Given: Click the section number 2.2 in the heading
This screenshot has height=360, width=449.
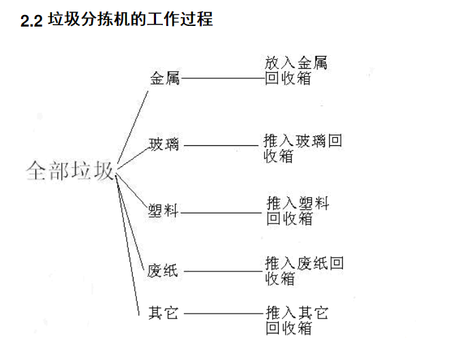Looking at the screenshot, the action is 31,20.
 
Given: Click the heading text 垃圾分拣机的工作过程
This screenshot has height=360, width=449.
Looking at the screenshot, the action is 131,19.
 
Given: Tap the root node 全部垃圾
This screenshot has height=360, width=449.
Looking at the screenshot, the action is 70,170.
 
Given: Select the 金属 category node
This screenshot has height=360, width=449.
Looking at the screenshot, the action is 165,78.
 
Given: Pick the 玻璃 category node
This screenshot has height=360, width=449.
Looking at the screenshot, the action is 164,144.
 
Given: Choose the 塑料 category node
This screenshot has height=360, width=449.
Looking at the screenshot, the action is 163,211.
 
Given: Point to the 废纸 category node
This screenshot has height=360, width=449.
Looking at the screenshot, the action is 162,271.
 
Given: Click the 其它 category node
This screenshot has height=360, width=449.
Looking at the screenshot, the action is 164,313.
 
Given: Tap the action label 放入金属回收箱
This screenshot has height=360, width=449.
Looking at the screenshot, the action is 296,70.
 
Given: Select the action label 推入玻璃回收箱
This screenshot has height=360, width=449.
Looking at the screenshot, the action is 303,148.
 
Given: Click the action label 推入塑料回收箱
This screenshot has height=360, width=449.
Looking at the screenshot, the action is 298,211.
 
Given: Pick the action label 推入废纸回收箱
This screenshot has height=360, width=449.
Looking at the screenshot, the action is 304,271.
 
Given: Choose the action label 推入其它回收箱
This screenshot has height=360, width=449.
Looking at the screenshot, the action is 297,320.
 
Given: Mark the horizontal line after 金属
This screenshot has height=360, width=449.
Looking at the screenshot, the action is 223,78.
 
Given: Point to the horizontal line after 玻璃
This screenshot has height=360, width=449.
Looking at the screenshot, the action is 221,146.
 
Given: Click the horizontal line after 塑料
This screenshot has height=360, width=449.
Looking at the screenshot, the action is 221,213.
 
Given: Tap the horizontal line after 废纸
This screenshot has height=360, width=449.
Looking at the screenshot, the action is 223,271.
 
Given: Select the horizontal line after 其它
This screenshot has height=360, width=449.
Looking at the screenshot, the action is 223,313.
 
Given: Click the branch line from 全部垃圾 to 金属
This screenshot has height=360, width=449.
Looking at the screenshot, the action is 133,127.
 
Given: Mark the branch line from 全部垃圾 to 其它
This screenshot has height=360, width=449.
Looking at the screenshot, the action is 127,245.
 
